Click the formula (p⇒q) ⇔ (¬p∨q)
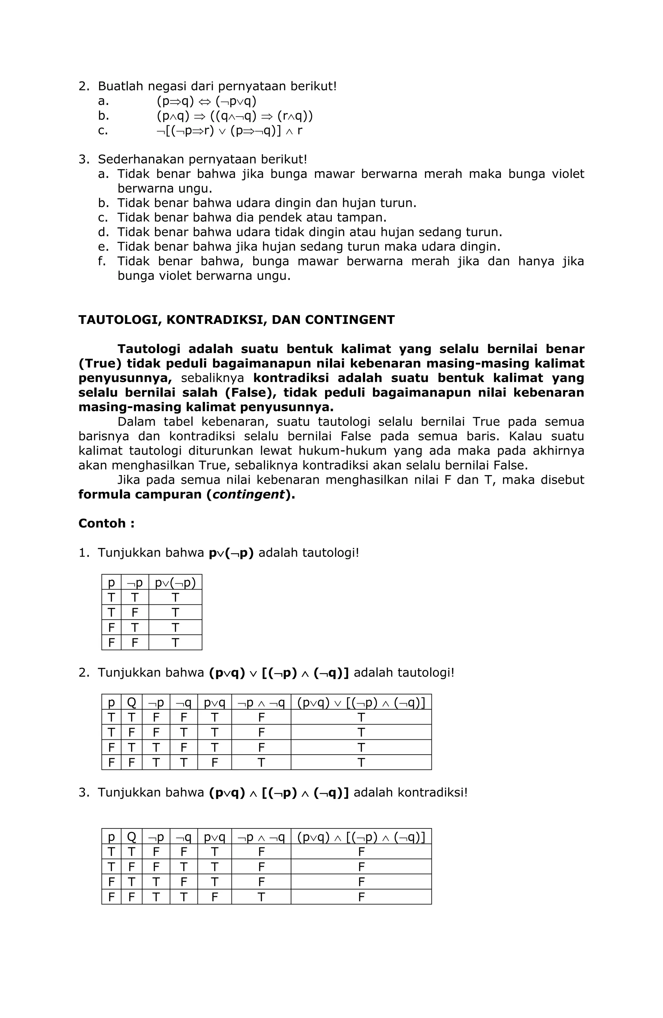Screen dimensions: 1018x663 pyautogui.click(x=207, y=101)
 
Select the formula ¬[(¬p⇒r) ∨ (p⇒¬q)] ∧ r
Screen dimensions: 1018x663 pyautogui.click(x=229, y=131)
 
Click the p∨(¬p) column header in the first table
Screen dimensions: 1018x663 pyautogui.click(x=175, y=583)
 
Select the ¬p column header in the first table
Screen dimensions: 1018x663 pyautogui.click(x=135, y=583)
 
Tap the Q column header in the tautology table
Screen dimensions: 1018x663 pyautogui.click(x=132, y=703)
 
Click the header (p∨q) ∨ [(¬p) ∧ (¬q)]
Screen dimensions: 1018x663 pyautogui.click(x=361, y=703)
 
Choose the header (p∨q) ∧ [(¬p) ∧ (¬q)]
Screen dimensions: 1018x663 pyautogui.click(x=361, y=837)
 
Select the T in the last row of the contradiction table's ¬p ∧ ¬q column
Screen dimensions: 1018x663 pyautogui.click(x=261, y=897)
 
